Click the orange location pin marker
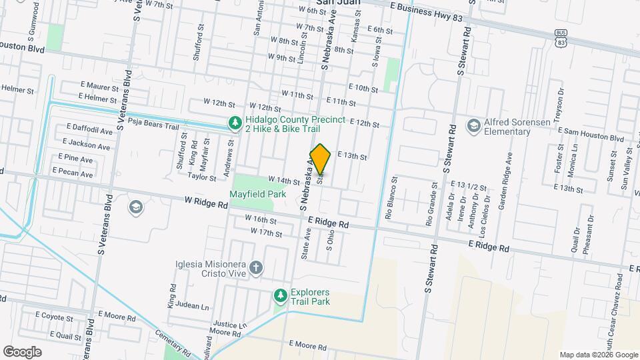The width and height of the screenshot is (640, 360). point(321,159)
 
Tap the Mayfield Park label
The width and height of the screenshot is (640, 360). point(257,194)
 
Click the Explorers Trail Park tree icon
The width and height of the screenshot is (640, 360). point(281,295)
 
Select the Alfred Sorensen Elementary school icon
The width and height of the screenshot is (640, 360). point(473,126)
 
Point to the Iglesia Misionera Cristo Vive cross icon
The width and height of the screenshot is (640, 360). point(257,268)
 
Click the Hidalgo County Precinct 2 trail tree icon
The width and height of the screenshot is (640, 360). point(234,123)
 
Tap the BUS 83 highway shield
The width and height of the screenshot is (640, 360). point(561,38)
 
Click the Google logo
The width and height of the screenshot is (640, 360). point(22,351)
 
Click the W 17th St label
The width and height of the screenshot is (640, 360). point(267,232)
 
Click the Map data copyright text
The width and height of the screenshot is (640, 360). point(598,355)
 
